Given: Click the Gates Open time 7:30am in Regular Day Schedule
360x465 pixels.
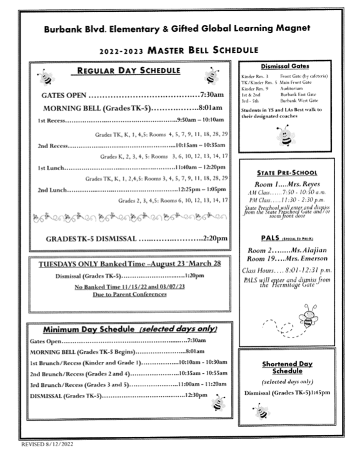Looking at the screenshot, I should (x=211, y=96).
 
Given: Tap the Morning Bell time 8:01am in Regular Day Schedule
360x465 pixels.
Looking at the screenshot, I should (x=213, y=108).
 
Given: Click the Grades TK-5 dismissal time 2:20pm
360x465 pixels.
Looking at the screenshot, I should (x=216, y=238).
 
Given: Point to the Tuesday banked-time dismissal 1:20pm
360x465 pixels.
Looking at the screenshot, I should (x=196, y=276).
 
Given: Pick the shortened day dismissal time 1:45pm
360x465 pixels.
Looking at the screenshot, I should (x=320, y=392).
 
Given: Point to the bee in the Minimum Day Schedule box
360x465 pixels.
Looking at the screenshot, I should (x=218, y=404).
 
